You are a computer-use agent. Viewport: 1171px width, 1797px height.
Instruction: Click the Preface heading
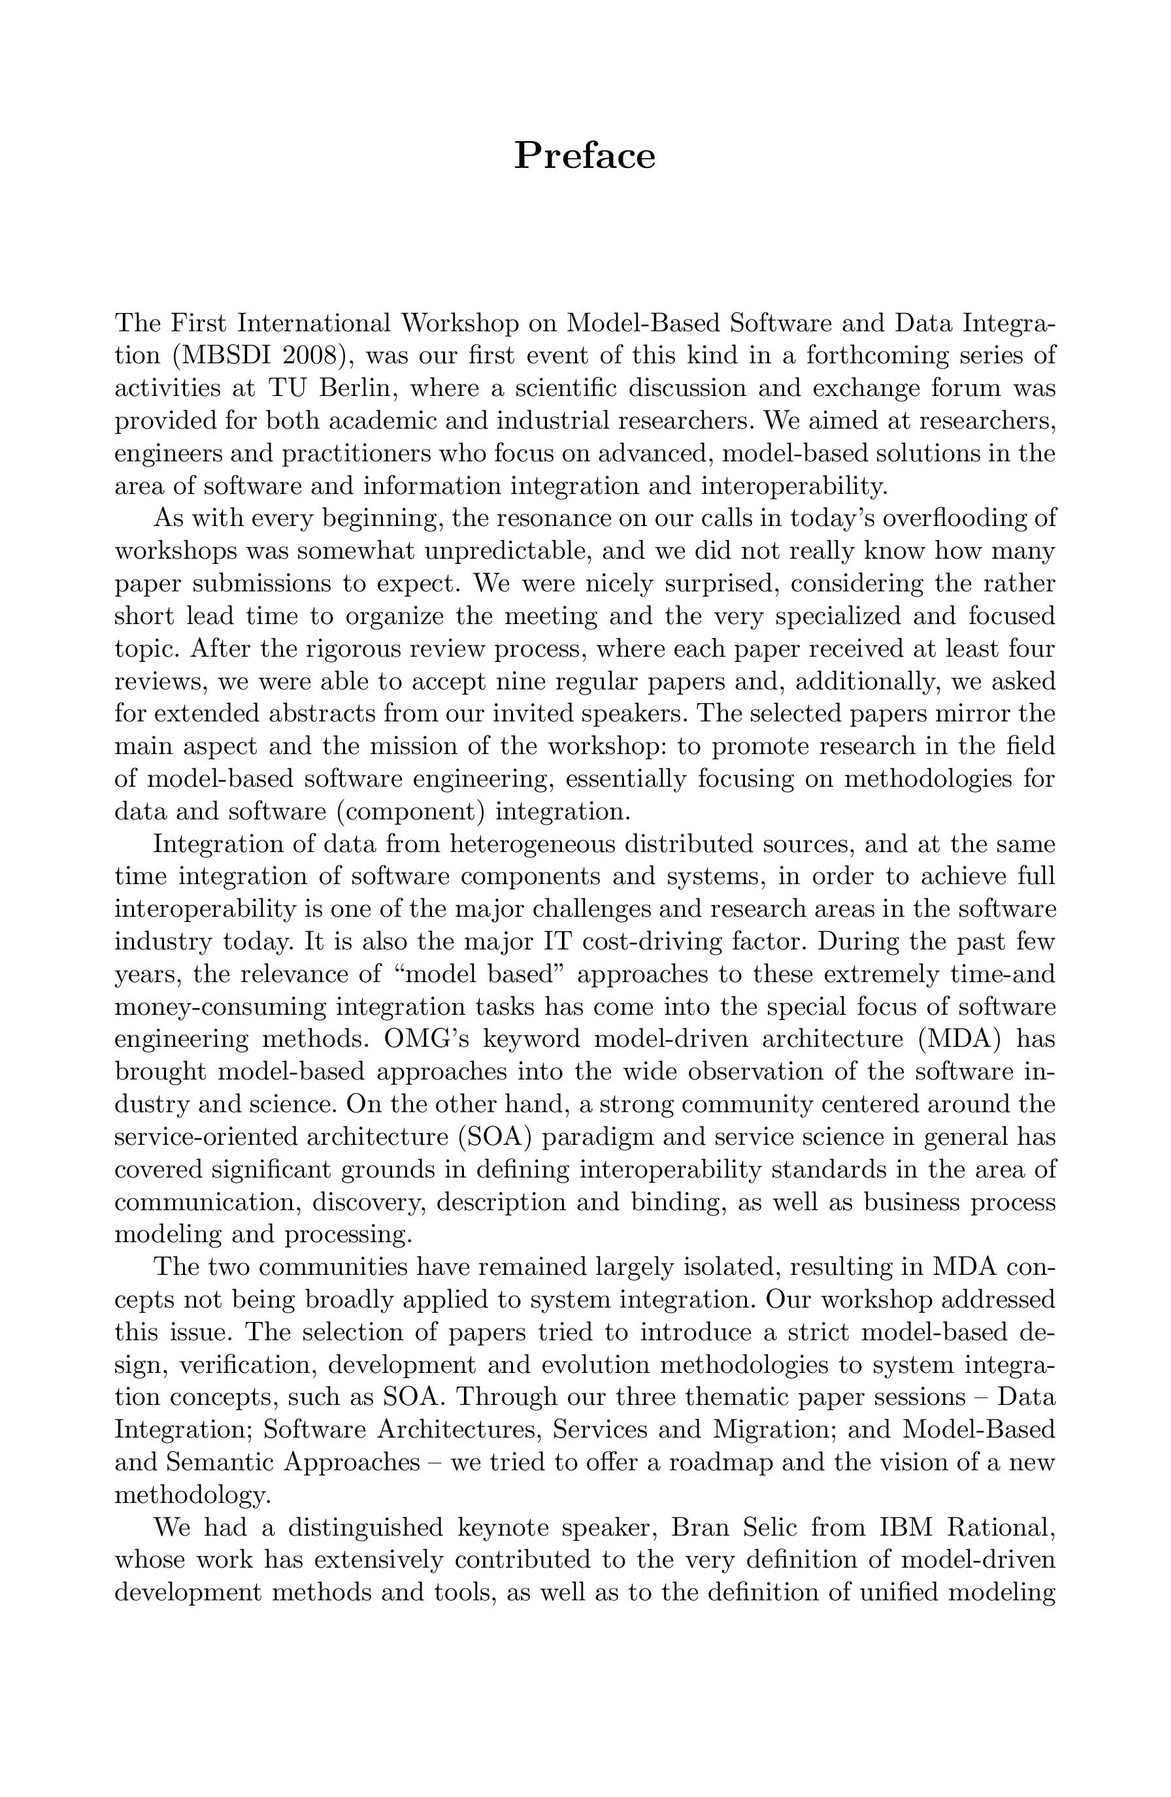[x=584, y=156]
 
